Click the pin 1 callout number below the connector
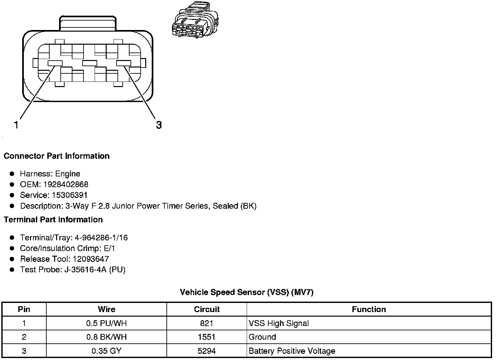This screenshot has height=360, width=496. coord(16,125)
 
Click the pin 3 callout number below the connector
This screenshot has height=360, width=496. coord(159,125)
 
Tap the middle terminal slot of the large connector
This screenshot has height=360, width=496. coord(89,63)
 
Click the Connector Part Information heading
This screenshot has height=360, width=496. coord(56,156)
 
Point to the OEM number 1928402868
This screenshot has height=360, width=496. coord(66,184)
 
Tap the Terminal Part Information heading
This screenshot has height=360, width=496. coord(53,219)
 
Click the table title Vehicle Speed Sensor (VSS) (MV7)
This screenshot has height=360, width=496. coord(246,292)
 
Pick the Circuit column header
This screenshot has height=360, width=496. coord(207,309)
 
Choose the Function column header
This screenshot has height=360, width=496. coord(369,309)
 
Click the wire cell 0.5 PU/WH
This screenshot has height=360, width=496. coord(106,323)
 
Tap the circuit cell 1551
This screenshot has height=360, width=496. coord(207,337)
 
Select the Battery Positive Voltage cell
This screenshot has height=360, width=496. coord(292,351)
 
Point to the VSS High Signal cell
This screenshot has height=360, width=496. coord(279,323)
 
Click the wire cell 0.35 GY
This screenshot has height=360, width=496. coord(106,351)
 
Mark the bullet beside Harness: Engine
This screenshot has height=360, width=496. coord(12,174)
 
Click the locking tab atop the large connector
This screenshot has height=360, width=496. coord(87,23)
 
